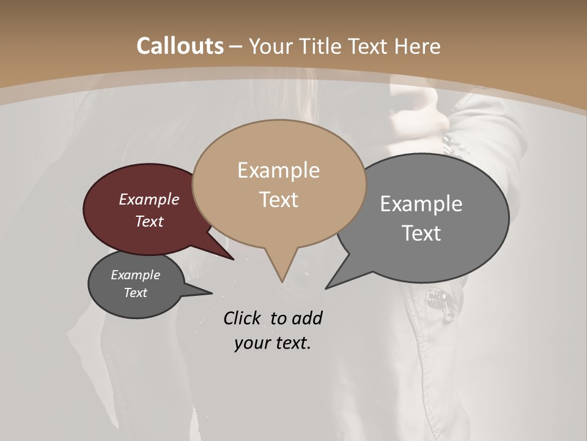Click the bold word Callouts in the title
(180, 46)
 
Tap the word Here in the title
(418, 46)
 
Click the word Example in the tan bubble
(278, 170)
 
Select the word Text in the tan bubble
(278, 200)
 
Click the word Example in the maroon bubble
(149, 199)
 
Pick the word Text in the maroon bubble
(149, 221)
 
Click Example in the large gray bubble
(421, 203)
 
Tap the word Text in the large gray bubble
(421, 233)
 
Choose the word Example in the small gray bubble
(136, 275)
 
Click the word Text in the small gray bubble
(136, 293)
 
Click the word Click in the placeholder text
(243, 318)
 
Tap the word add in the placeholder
(306, 318)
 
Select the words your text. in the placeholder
(272, 343)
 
